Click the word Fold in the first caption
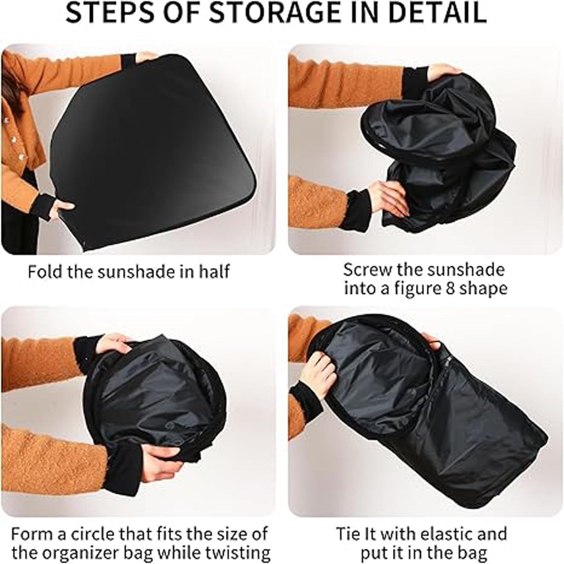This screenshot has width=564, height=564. tap(45, 271)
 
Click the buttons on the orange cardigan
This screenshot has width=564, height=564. tap(15, 139)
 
